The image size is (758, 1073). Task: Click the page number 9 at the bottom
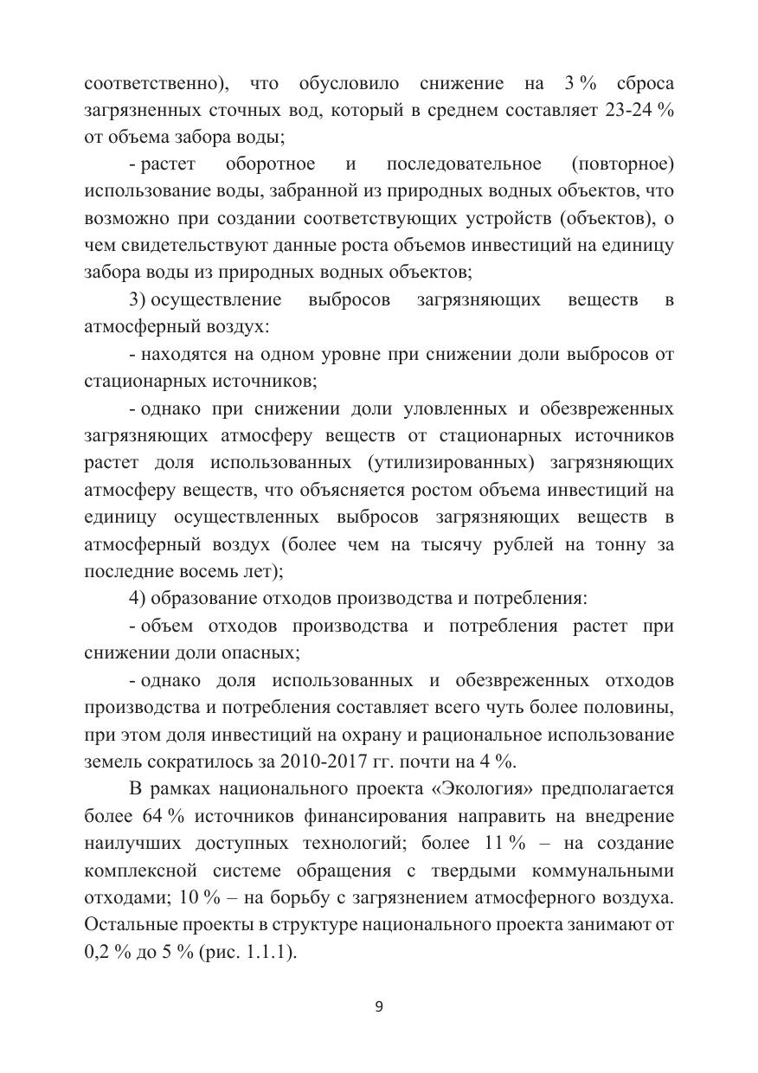(379, 1006)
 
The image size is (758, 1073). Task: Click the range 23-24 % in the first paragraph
(640, 111)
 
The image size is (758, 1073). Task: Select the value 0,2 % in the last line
(106, 953)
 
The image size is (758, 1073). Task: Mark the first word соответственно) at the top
(157, 84)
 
